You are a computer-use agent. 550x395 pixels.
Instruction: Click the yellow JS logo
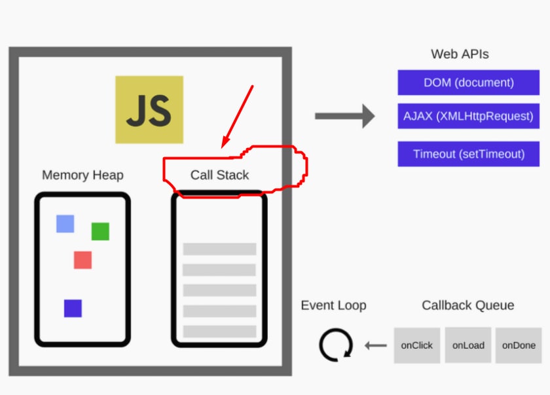coord(149,109)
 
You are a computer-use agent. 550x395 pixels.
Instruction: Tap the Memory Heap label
coord(82,175)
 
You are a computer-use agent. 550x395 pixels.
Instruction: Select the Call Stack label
coord(219,175)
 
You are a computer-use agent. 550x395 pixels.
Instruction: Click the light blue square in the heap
coord(65,224)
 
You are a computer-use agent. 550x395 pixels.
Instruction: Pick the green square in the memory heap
coord(100,231)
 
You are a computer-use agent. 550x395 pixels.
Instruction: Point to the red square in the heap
coord(82,260)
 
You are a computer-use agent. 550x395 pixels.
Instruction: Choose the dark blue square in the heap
coord(73,309)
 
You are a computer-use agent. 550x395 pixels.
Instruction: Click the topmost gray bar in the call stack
coord(219,249)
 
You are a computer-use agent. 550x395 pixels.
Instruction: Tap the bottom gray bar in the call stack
coord(219,331)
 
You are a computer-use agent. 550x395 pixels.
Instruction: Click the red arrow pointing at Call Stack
coord(237,117)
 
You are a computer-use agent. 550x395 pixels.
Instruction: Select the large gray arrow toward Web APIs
coord(345,116)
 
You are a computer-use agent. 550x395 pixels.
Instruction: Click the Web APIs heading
coord(460,54)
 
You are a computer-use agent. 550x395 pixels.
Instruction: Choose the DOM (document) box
coord(469,83)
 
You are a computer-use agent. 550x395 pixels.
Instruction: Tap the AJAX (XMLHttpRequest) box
coord(469,116)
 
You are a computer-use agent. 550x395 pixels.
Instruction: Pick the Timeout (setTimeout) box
coord(469,154)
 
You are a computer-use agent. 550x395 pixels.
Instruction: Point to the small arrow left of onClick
coord(376,345)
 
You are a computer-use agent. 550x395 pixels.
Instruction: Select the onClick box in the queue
coord(416,345)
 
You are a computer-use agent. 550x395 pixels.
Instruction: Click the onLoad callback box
coord(468,345)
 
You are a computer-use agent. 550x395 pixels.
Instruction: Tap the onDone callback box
coord(519,345)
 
